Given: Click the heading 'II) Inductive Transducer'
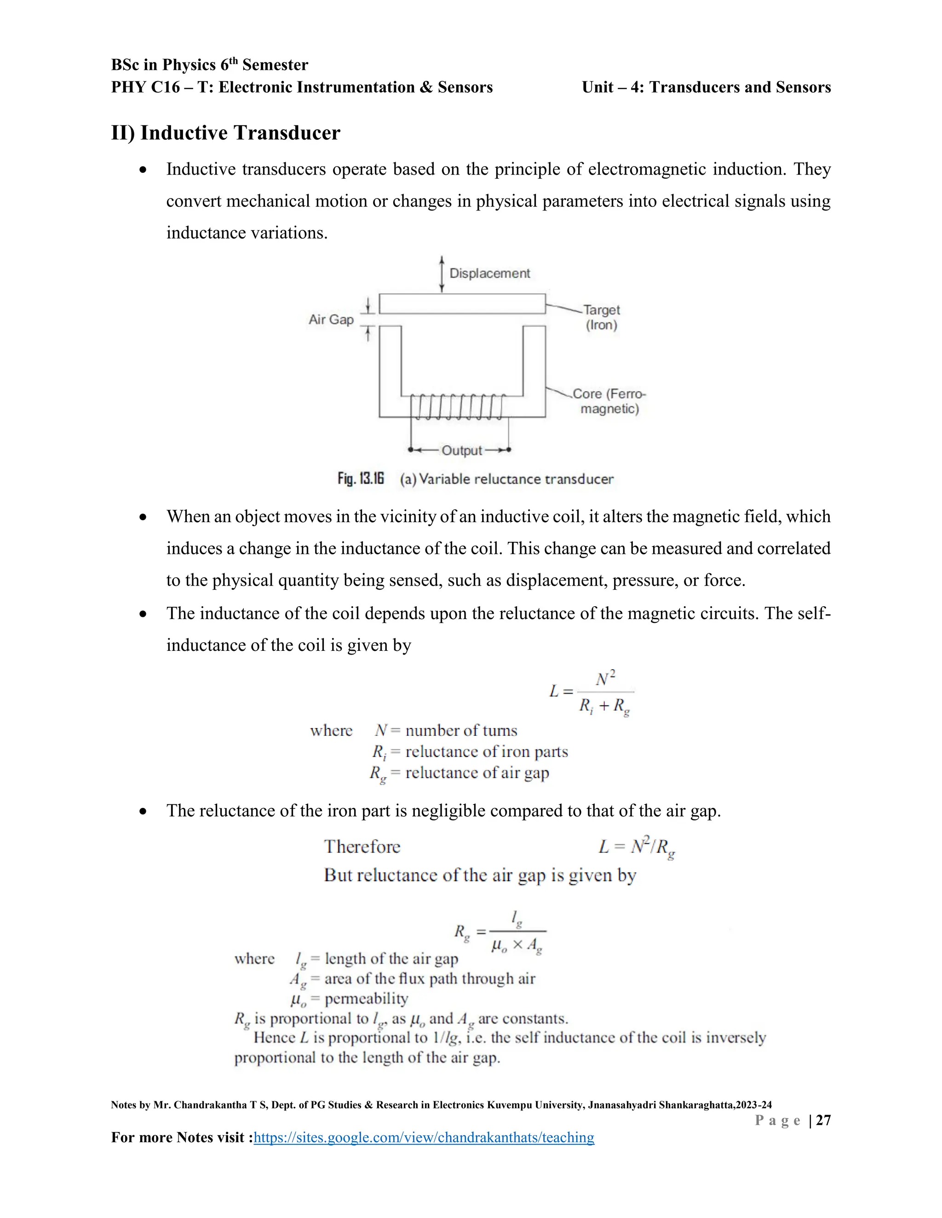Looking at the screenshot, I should pos(225,133).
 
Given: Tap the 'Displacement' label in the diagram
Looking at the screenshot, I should pos(489,273).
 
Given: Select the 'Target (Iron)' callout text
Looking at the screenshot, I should pos(601,317).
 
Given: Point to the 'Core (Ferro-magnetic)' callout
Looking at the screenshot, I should pos(609,401).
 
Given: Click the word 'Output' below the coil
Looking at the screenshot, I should pos(461,450).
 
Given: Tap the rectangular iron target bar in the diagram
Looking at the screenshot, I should pos(462,304).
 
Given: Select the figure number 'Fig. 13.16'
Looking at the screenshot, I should pos(361,479).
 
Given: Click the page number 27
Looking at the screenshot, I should pos(823,1120).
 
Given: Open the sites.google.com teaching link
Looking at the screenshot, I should pos(424,1138).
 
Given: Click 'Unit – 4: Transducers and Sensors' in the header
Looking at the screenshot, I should pos(706,87).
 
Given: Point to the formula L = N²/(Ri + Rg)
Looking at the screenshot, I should pos(592,692).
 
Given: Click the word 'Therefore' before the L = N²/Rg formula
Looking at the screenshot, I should pos(362,847).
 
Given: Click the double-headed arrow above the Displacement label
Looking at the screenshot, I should pos(442,274).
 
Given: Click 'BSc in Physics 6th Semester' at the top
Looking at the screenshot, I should pos(209,65).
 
